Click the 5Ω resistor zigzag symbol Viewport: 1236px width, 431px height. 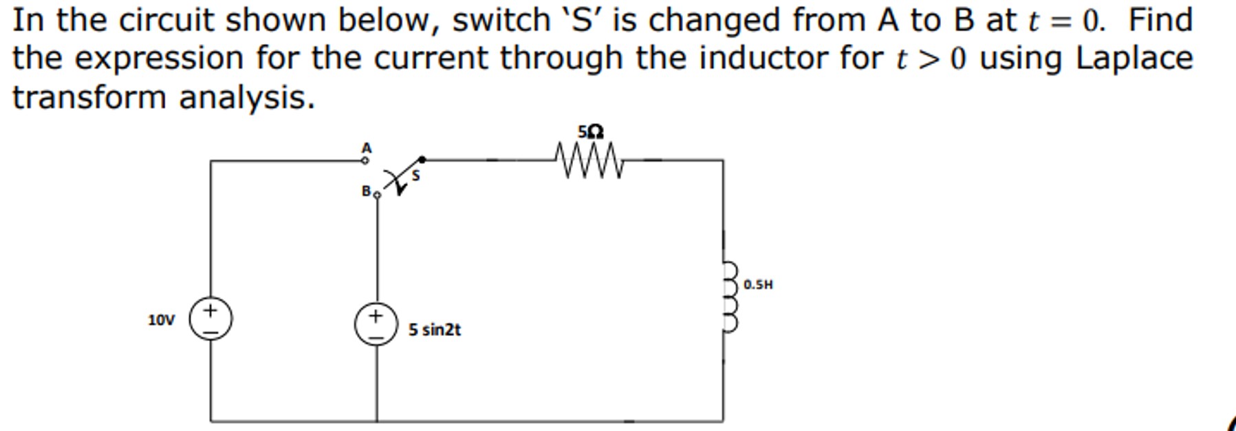pos(588,160)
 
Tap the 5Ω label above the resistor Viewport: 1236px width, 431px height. pos(590,132)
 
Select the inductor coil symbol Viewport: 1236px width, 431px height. pos(730,297)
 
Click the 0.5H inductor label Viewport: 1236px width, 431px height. pos(758,284)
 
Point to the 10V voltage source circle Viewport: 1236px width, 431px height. pos(210,319)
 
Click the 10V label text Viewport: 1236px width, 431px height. pos(161,320)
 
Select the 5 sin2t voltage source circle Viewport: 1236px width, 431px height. pos(376,324)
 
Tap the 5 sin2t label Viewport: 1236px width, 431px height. pos(434,330)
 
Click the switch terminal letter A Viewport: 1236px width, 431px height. pos(367,147)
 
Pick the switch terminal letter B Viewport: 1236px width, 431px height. pos(367,191)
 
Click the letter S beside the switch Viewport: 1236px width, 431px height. pos(415,176)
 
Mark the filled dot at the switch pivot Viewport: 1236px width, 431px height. pos(422,160)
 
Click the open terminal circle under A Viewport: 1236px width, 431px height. pos(365,160)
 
